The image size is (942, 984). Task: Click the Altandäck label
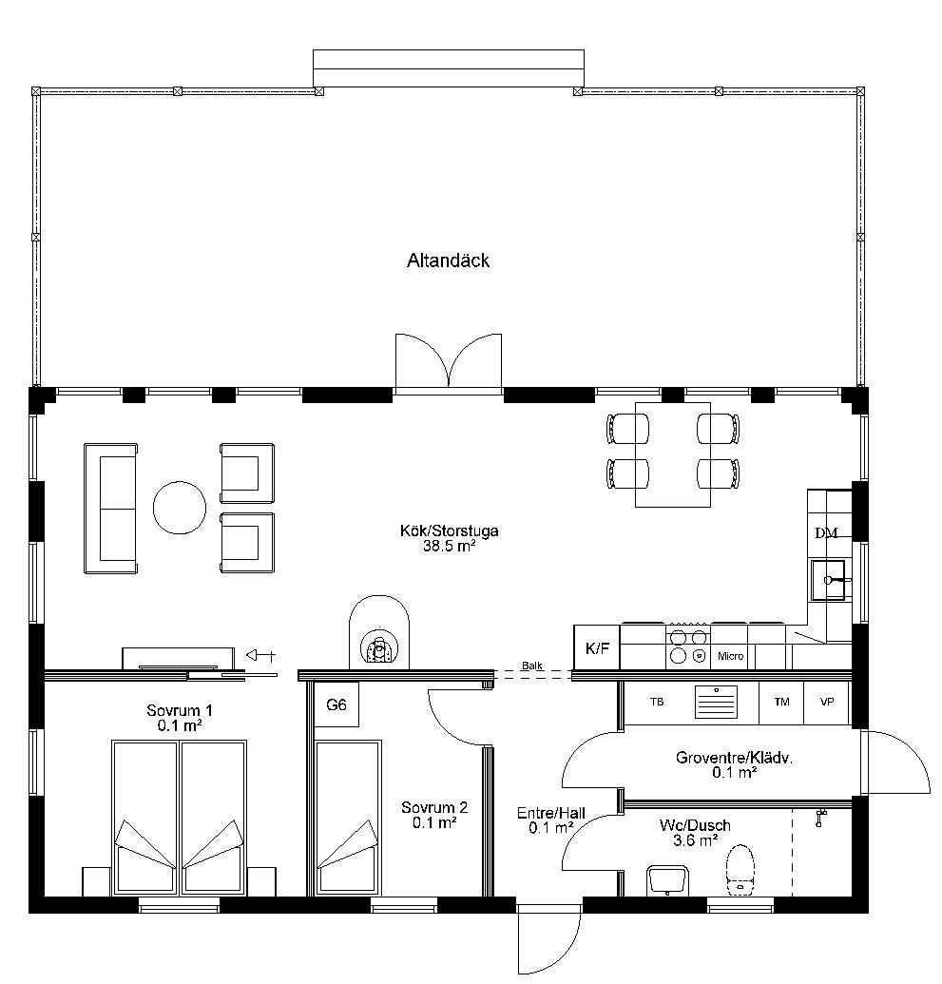[448, 260]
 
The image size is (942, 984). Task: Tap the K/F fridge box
[597, 647]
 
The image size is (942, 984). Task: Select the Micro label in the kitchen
[731, 656]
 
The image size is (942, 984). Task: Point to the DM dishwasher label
[827, 533]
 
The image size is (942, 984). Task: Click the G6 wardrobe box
[336, 704]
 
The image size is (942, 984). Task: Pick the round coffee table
[180, 508]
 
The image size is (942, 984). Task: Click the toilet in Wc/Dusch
[740, 869]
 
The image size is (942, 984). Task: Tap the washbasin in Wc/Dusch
[667, 879]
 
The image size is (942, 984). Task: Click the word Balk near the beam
[532, 666]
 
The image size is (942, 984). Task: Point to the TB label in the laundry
[657, 702]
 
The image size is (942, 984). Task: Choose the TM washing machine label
[782, 702]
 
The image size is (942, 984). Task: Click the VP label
[827, 702]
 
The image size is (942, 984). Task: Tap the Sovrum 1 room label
[180, 710]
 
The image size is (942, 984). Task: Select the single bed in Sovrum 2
[348, 819]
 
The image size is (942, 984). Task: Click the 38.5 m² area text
[449, 546]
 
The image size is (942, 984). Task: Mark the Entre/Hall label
[551, 813]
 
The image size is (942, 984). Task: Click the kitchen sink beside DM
[828, 580]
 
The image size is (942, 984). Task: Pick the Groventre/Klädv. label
[734, 758]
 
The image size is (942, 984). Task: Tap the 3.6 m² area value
[696, 841]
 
